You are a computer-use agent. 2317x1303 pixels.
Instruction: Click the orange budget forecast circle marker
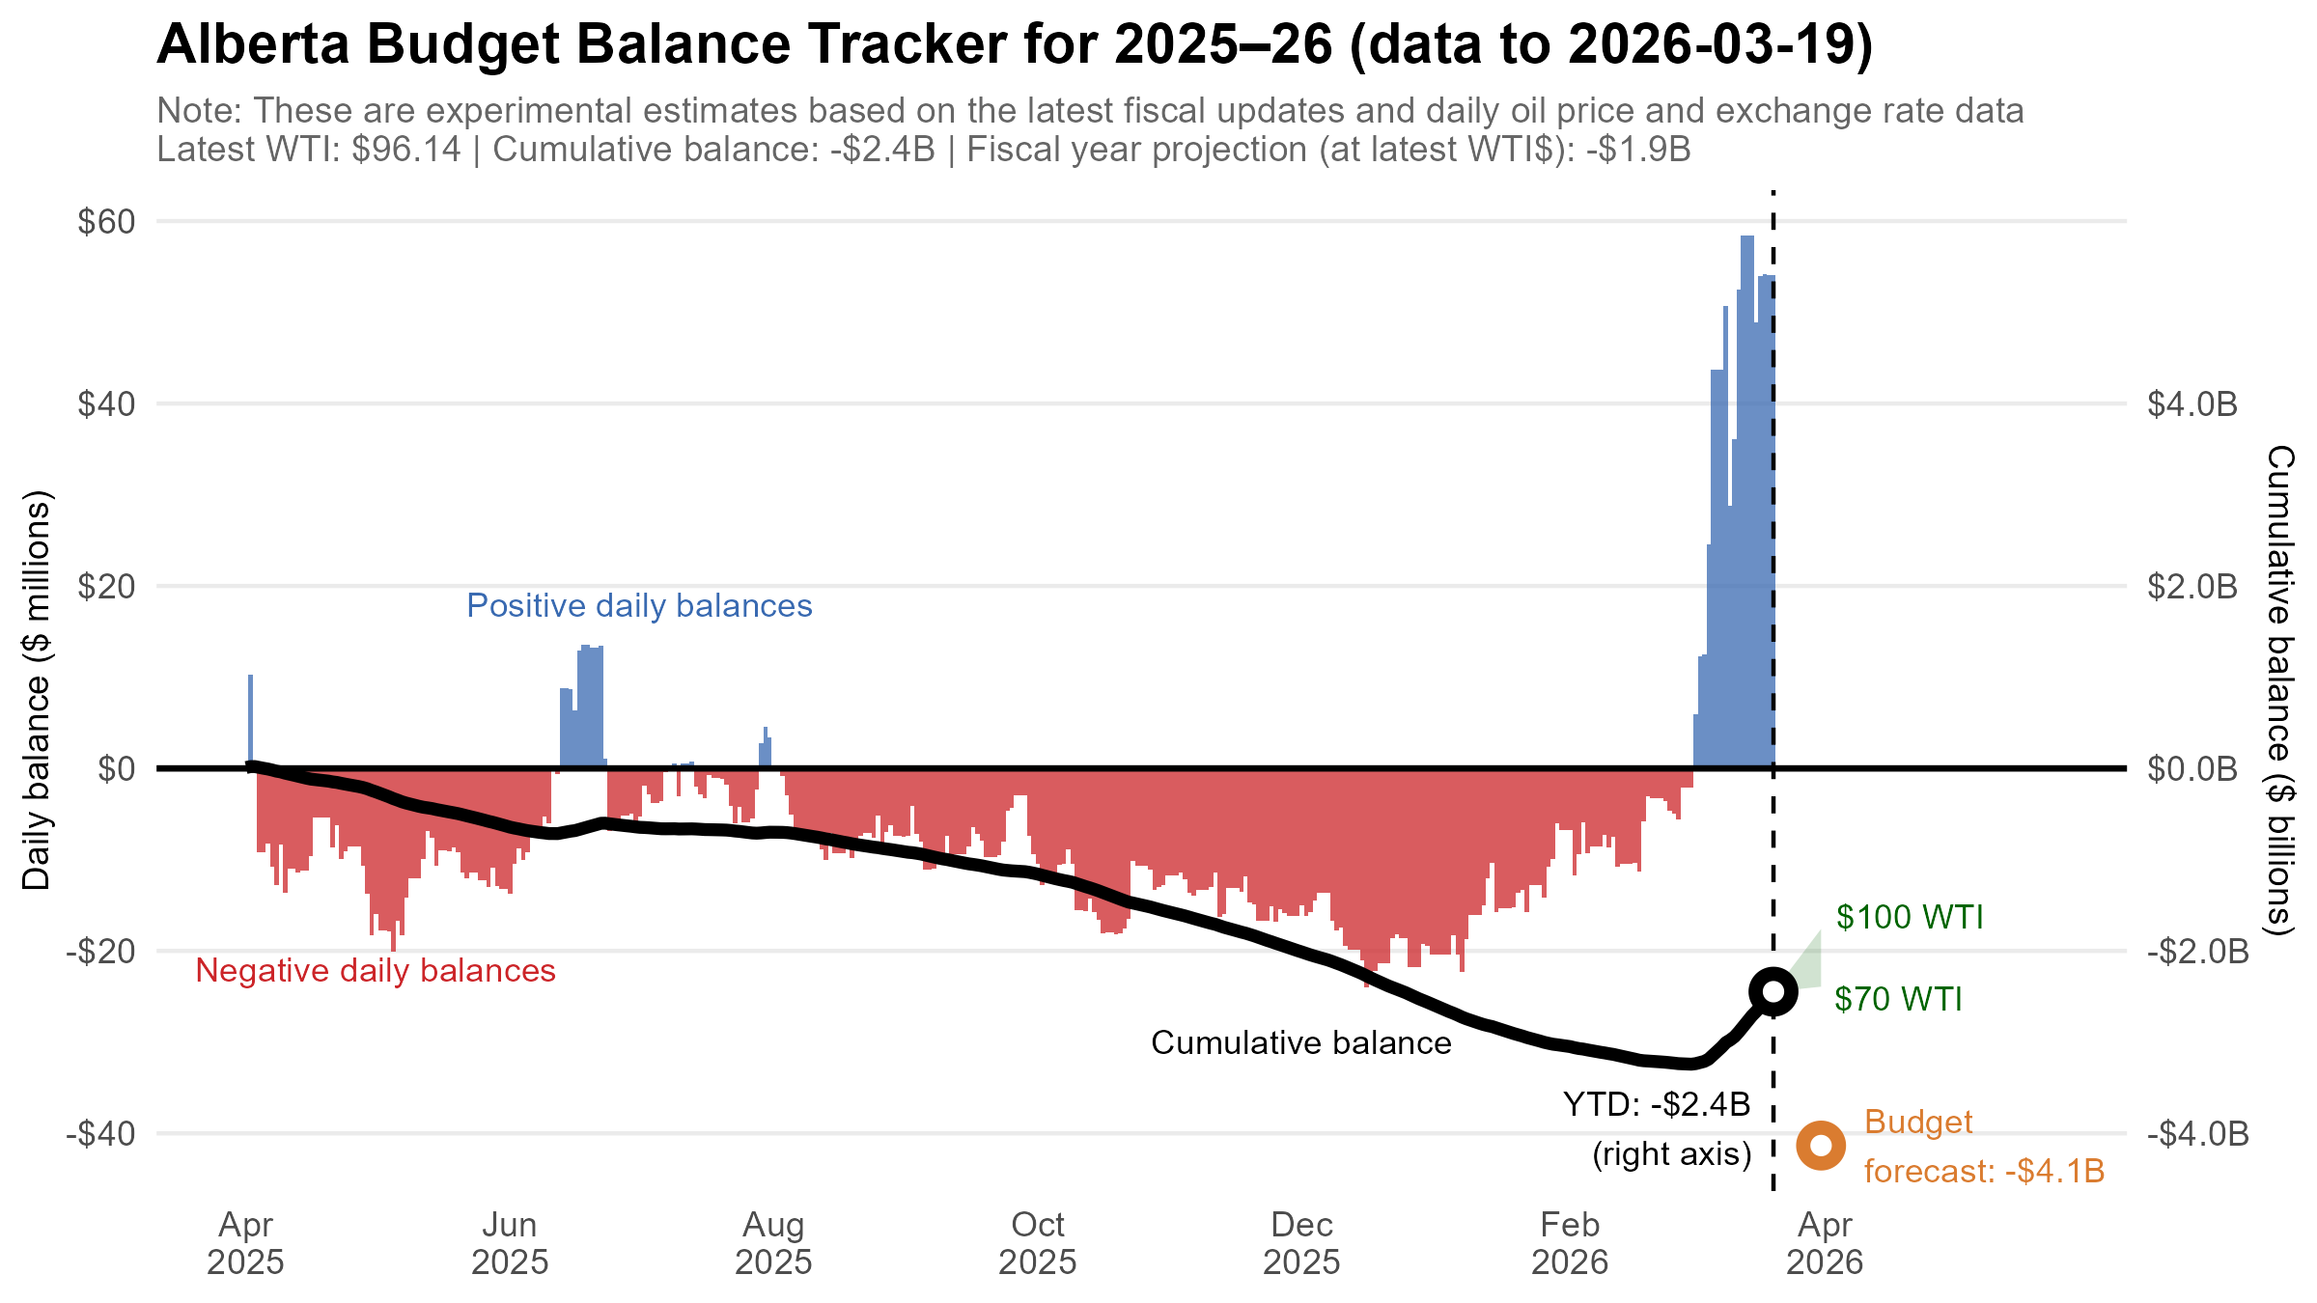tap(1821, 1146)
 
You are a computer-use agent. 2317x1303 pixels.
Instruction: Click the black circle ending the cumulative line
tap(1773, 991)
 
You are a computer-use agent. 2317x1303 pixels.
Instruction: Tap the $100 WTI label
tap(1909, 917)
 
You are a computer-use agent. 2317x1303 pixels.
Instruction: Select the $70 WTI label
tap(1898, 999)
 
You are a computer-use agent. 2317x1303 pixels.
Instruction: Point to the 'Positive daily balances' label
tap(639, 606)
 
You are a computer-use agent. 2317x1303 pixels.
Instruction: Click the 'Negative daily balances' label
tap(376, 971)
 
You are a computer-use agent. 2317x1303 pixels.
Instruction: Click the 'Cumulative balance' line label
tap(1300, 1043)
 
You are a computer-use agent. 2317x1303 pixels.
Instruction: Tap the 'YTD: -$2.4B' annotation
tap(1657, 1104)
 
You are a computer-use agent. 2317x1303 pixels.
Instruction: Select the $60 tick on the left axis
tap(106, 222)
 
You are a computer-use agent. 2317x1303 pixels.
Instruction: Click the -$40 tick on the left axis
tap(100, 1133)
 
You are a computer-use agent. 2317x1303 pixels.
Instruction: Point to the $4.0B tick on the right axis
tap(2191, 404)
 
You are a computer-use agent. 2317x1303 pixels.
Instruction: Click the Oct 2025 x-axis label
tap(1037, 1243)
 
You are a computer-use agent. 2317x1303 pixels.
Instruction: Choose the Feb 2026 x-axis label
tap(1570, 1243)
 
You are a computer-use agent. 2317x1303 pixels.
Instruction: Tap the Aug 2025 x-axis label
tap(773, 1243)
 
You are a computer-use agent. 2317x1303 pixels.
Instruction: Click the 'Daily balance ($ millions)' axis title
tap(37, 690)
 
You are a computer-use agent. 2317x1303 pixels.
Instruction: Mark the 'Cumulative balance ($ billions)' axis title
tap(2279, 690)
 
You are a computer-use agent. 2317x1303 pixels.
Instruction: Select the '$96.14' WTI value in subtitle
tap(406, 151)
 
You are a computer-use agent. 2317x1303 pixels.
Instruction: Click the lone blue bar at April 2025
tap(250, 720)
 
